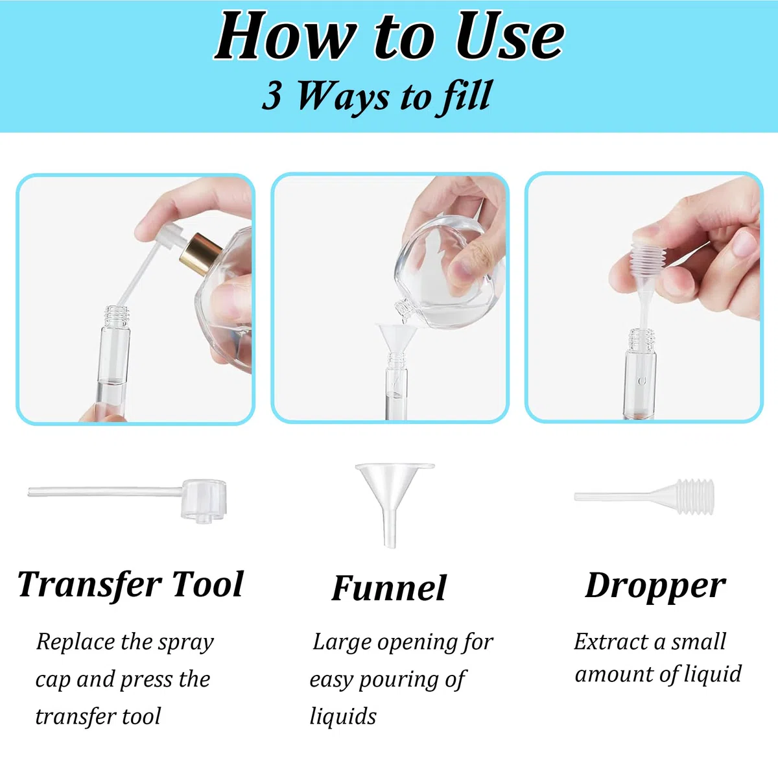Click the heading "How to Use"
[390, 37]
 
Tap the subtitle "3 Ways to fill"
[377, 97]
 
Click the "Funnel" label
[389, 588]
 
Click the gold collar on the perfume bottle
[200, 253]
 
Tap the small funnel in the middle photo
[397, 337]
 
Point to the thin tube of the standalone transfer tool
[105, 491]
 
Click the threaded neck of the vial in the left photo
[116, 316]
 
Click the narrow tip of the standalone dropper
[577, 496]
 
